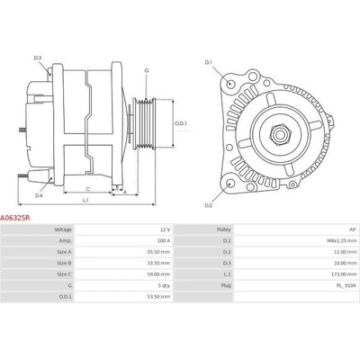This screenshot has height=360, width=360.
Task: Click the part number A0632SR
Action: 15,218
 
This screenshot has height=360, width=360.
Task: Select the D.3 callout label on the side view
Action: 38,58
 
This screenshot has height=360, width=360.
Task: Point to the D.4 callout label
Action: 39,195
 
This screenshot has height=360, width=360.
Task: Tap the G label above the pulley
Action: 147,71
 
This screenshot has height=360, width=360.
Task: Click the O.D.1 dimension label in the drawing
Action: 181,123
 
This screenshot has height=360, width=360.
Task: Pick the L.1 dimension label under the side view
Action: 85,200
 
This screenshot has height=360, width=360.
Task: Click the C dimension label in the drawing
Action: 88,189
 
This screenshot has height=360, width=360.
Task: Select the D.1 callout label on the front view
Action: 209,62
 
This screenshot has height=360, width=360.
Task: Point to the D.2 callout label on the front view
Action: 209,205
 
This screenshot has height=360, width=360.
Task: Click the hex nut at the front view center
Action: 280,134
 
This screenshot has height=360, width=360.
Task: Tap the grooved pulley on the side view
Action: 144,123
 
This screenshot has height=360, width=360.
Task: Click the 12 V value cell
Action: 165,229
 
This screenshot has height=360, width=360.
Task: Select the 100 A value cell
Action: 164,241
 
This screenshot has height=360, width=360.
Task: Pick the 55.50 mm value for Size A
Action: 160,252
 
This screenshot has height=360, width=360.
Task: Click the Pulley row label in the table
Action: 224,229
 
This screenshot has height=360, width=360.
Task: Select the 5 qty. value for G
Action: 165,285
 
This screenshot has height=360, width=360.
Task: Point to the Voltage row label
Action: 63,229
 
